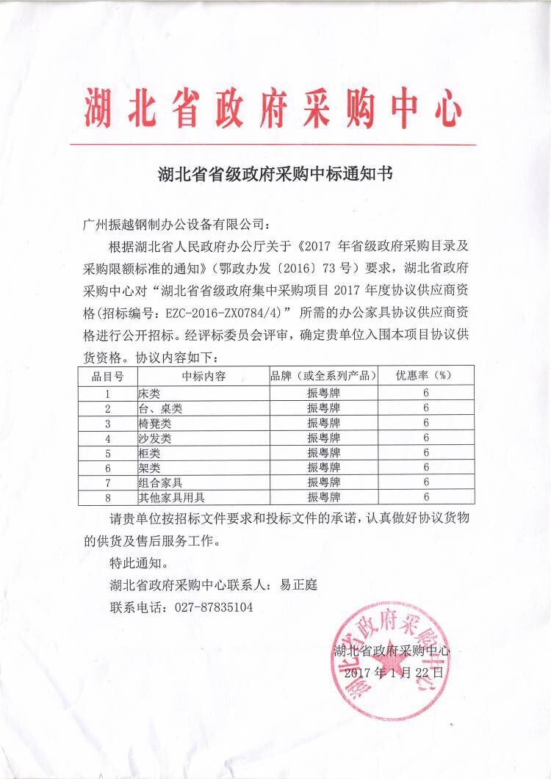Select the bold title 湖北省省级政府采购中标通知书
(x=275, y=175)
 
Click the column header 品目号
(x=107, y=376)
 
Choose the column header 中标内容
(x=202, y=376)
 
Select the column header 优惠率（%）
(x=425, y=376)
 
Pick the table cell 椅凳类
(x=154, y=424)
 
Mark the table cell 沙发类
(x=154, y=438)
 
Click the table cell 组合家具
(x=159, y=482)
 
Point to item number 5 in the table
(x=107, y=453)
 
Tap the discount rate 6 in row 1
(x=425, y=394)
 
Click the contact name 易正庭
(x=298, y=586)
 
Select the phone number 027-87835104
(x=212, y=608)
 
